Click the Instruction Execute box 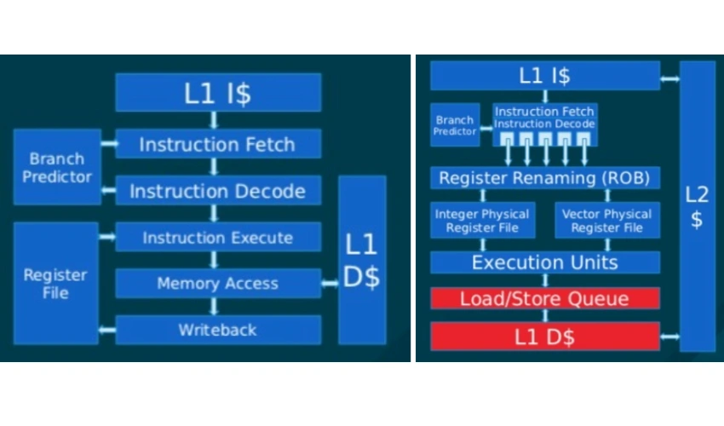tap(218, 237)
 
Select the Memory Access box tap(218, 283)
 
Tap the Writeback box tap(218, 330)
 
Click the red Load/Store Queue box tap(544, 298)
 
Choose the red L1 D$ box tap(544, 337)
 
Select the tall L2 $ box tap(697, 207)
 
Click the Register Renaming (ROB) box tap(544, 178)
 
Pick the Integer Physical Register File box tap(482, 221)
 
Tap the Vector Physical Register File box tap(606, 221)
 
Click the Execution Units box tap(544, 262)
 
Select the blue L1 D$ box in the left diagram tap(361, 261)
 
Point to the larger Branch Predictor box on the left tap(57, 167)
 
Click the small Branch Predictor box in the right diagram tap(454, 125)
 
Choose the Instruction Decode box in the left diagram tap(218, 191)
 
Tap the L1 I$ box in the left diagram tap(218, 93)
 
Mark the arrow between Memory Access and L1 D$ tap(330, 284)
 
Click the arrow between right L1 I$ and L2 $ tap(669, 80)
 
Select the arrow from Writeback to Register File tap(106, 330)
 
